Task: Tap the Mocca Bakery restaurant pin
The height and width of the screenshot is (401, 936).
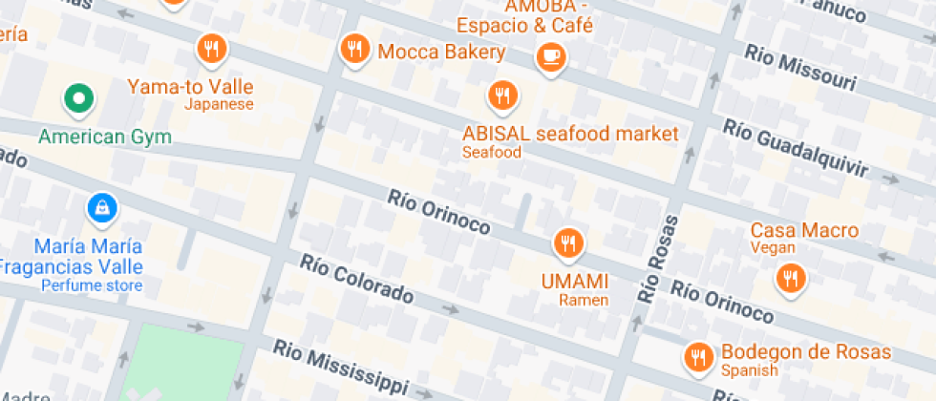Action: [355, 49]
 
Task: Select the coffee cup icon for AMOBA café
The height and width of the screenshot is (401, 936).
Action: [551, 57]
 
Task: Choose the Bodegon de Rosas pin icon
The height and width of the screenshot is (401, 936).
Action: [699, 357]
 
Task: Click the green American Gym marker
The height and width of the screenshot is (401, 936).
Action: [77, 97]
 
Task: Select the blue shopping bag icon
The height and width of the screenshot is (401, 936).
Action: [100, 206]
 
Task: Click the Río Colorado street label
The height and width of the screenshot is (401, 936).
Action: [356, 280]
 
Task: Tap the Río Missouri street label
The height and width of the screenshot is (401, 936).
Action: [800, 68]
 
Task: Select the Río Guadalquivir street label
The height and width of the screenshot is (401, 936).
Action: [795, 149]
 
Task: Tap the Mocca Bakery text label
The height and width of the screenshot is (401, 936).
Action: [440, 52]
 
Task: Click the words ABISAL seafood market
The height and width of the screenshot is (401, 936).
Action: [570, 133]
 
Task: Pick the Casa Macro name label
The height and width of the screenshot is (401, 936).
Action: [804, 230]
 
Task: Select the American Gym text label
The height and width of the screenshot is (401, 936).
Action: [105, 137]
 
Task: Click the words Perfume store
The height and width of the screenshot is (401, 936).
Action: [92, 285]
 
